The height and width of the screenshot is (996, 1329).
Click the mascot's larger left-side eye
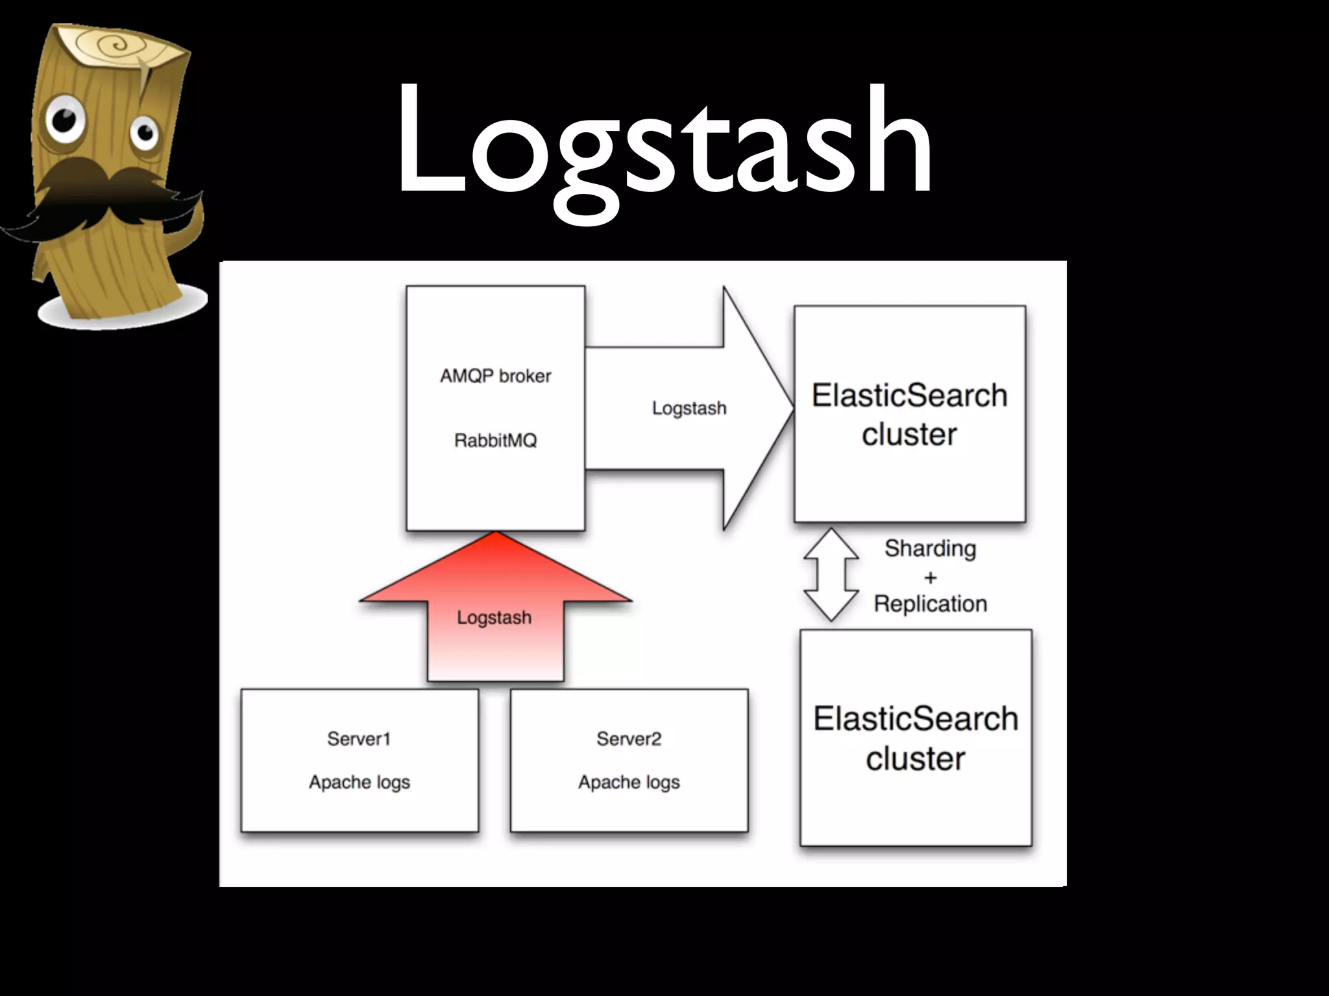[64, 120]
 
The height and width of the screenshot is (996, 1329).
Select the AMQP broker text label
[495, 376]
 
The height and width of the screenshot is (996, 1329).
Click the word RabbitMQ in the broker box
[495, 441]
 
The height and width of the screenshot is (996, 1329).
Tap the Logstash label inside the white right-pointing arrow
[689, 408]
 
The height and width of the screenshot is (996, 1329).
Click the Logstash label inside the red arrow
[494, 617]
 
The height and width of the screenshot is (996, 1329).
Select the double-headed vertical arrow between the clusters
[831, 575]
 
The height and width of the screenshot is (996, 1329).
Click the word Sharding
[930, 549]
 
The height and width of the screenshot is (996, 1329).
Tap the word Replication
[930, 604]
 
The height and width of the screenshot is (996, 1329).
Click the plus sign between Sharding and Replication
[930, 577]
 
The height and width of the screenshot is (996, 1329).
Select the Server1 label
[359, 739]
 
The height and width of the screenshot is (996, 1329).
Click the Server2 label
[629, 739]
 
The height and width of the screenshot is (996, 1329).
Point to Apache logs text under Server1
[359, 783]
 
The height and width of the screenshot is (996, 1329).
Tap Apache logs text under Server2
[629, 783]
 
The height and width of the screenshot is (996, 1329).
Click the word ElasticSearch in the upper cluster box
[909, 396]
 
